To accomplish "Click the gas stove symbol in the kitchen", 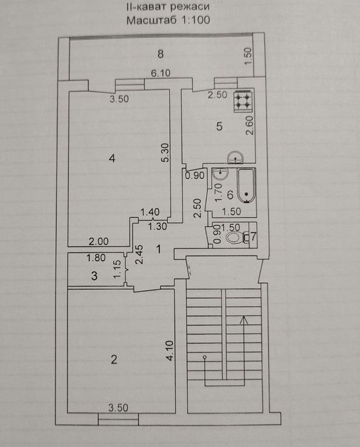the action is tap(243, 101).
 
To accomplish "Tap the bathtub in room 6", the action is tap(246, 186).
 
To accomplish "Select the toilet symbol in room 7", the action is tap(237, 237).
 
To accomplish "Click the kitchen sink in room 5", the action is tap(236, 157).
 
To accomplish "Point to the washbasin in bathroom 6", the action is tap(220, 174).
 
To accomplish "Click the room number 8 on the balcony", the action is tap(160, 54).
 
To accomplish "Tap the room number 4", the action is tap(112, 158).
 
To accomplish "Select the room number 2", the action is tap(114, 360).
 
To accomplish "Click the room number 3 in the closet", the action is tap(94, 276).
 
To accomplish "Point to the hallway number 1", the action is tap(158, 250).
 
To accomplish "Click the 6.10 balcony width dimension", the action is tap(160, 73).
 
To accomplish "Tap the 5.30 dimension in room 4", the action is tap(165, 153).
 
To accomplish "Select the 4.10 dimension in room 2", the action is tap(170, 351).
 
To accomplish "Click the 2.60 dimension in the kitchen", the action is tap(250, 126).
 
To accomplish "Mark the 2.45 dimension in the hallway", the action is tap(140, 255).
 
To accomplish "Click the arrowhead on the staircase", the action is tap(243, 320).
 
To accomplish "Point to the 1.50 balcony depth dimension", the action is tap(248, 56).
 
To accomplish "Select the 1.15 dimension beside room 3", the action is tap(117, 269).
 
